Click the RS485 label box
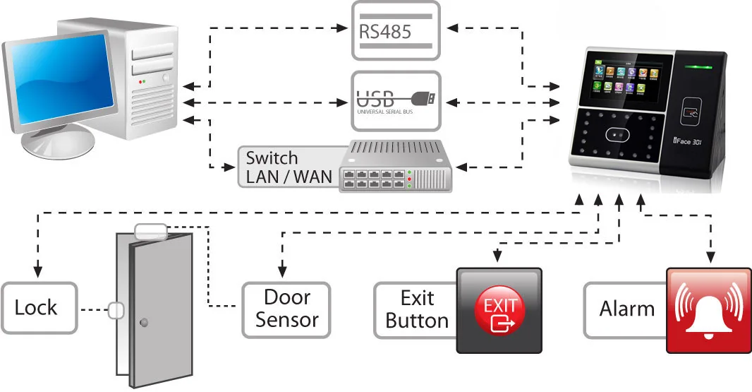coord(395,30)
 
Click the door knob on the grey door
coord(144,323)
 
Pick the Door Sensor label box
coord(286,309)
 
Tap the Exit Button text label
coord(416,309)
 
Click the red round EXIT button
coord(499,310)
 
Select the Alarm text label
coord(626,309)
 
